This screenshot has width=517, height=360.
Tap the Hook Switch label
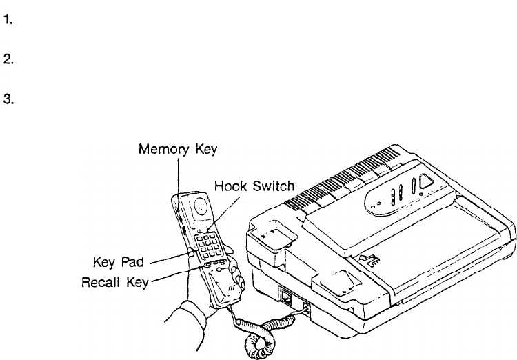tap(254, 186)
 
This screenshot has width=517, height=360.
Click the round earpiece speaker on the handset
tap(199, 205)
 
